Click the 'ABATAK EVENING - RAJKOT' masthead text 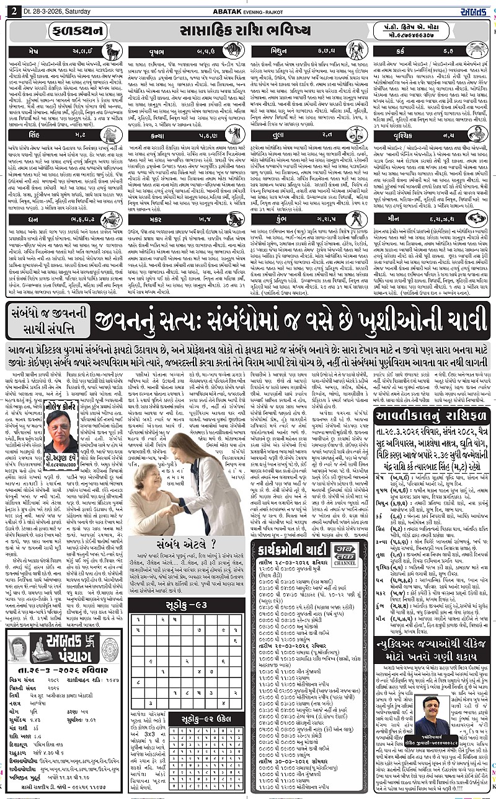[x=248, y=7]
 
